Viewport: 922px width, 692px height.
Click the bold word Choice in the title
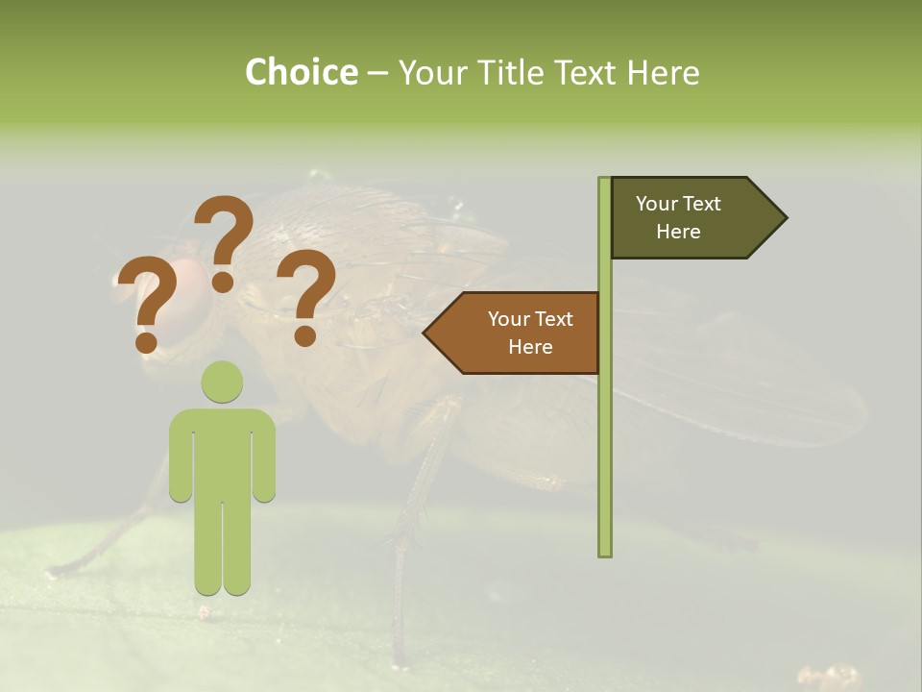[301, 72]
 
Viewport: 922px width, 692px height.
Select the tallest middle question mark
[224, 240]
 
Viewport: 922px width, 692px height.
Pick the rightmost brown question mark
[306, 293]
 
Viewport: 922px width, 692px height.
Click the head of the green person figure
[222, 382]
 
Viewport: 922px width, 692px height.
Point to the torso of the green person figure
[222, 452]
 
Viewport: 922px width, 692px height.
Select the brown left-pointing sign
[519, 333]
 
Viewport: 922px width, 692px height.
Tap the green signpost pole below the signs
[605, 461]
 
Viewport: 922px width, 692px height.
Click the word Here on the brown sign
[530, 347]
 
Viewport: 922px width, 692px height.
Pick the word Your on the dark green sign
[657, 204]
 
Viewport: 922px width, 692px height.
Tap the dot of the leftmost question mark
[146, 341]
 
